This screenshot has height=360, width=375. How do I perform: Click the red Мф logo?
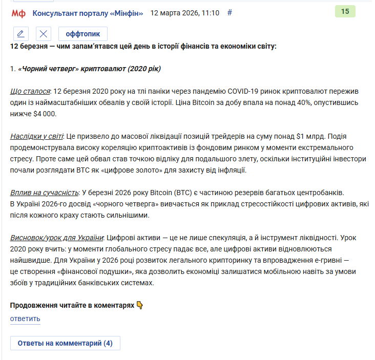click(18, 13)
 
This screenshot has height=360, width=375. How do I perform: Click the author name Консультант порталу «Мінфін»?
click(88, 13)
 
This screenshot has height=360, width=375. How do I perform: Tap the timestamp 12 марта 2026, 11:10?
click(184, 13)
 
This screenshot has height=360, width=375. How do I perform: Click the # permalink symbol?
click(230, 13)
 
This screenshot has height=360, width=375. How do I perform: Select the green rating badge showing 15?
click(345, 11)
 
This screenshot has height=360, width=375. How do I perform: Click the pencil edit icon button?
click(20, 34)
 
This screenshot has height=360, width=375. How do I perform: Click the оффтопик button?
click(83, 34)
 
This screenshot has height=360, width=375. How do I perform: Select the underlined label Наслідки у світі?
click(36, 137)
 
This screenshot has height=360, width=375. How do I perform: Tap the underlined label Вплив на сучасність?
click(44, 193)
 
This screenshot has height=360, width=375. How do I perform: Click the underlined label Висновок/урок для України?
click(57, 238)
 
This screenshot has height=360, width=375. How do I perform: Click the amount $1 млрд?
click(310, 137)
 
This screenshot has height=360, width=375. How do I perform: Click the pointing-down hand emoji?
click(140, 305)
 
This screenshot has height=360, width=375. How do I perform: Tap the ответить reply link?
click(25, 319)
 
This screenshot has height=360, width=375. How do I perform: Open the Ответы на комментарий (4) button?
click(65, 343)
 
